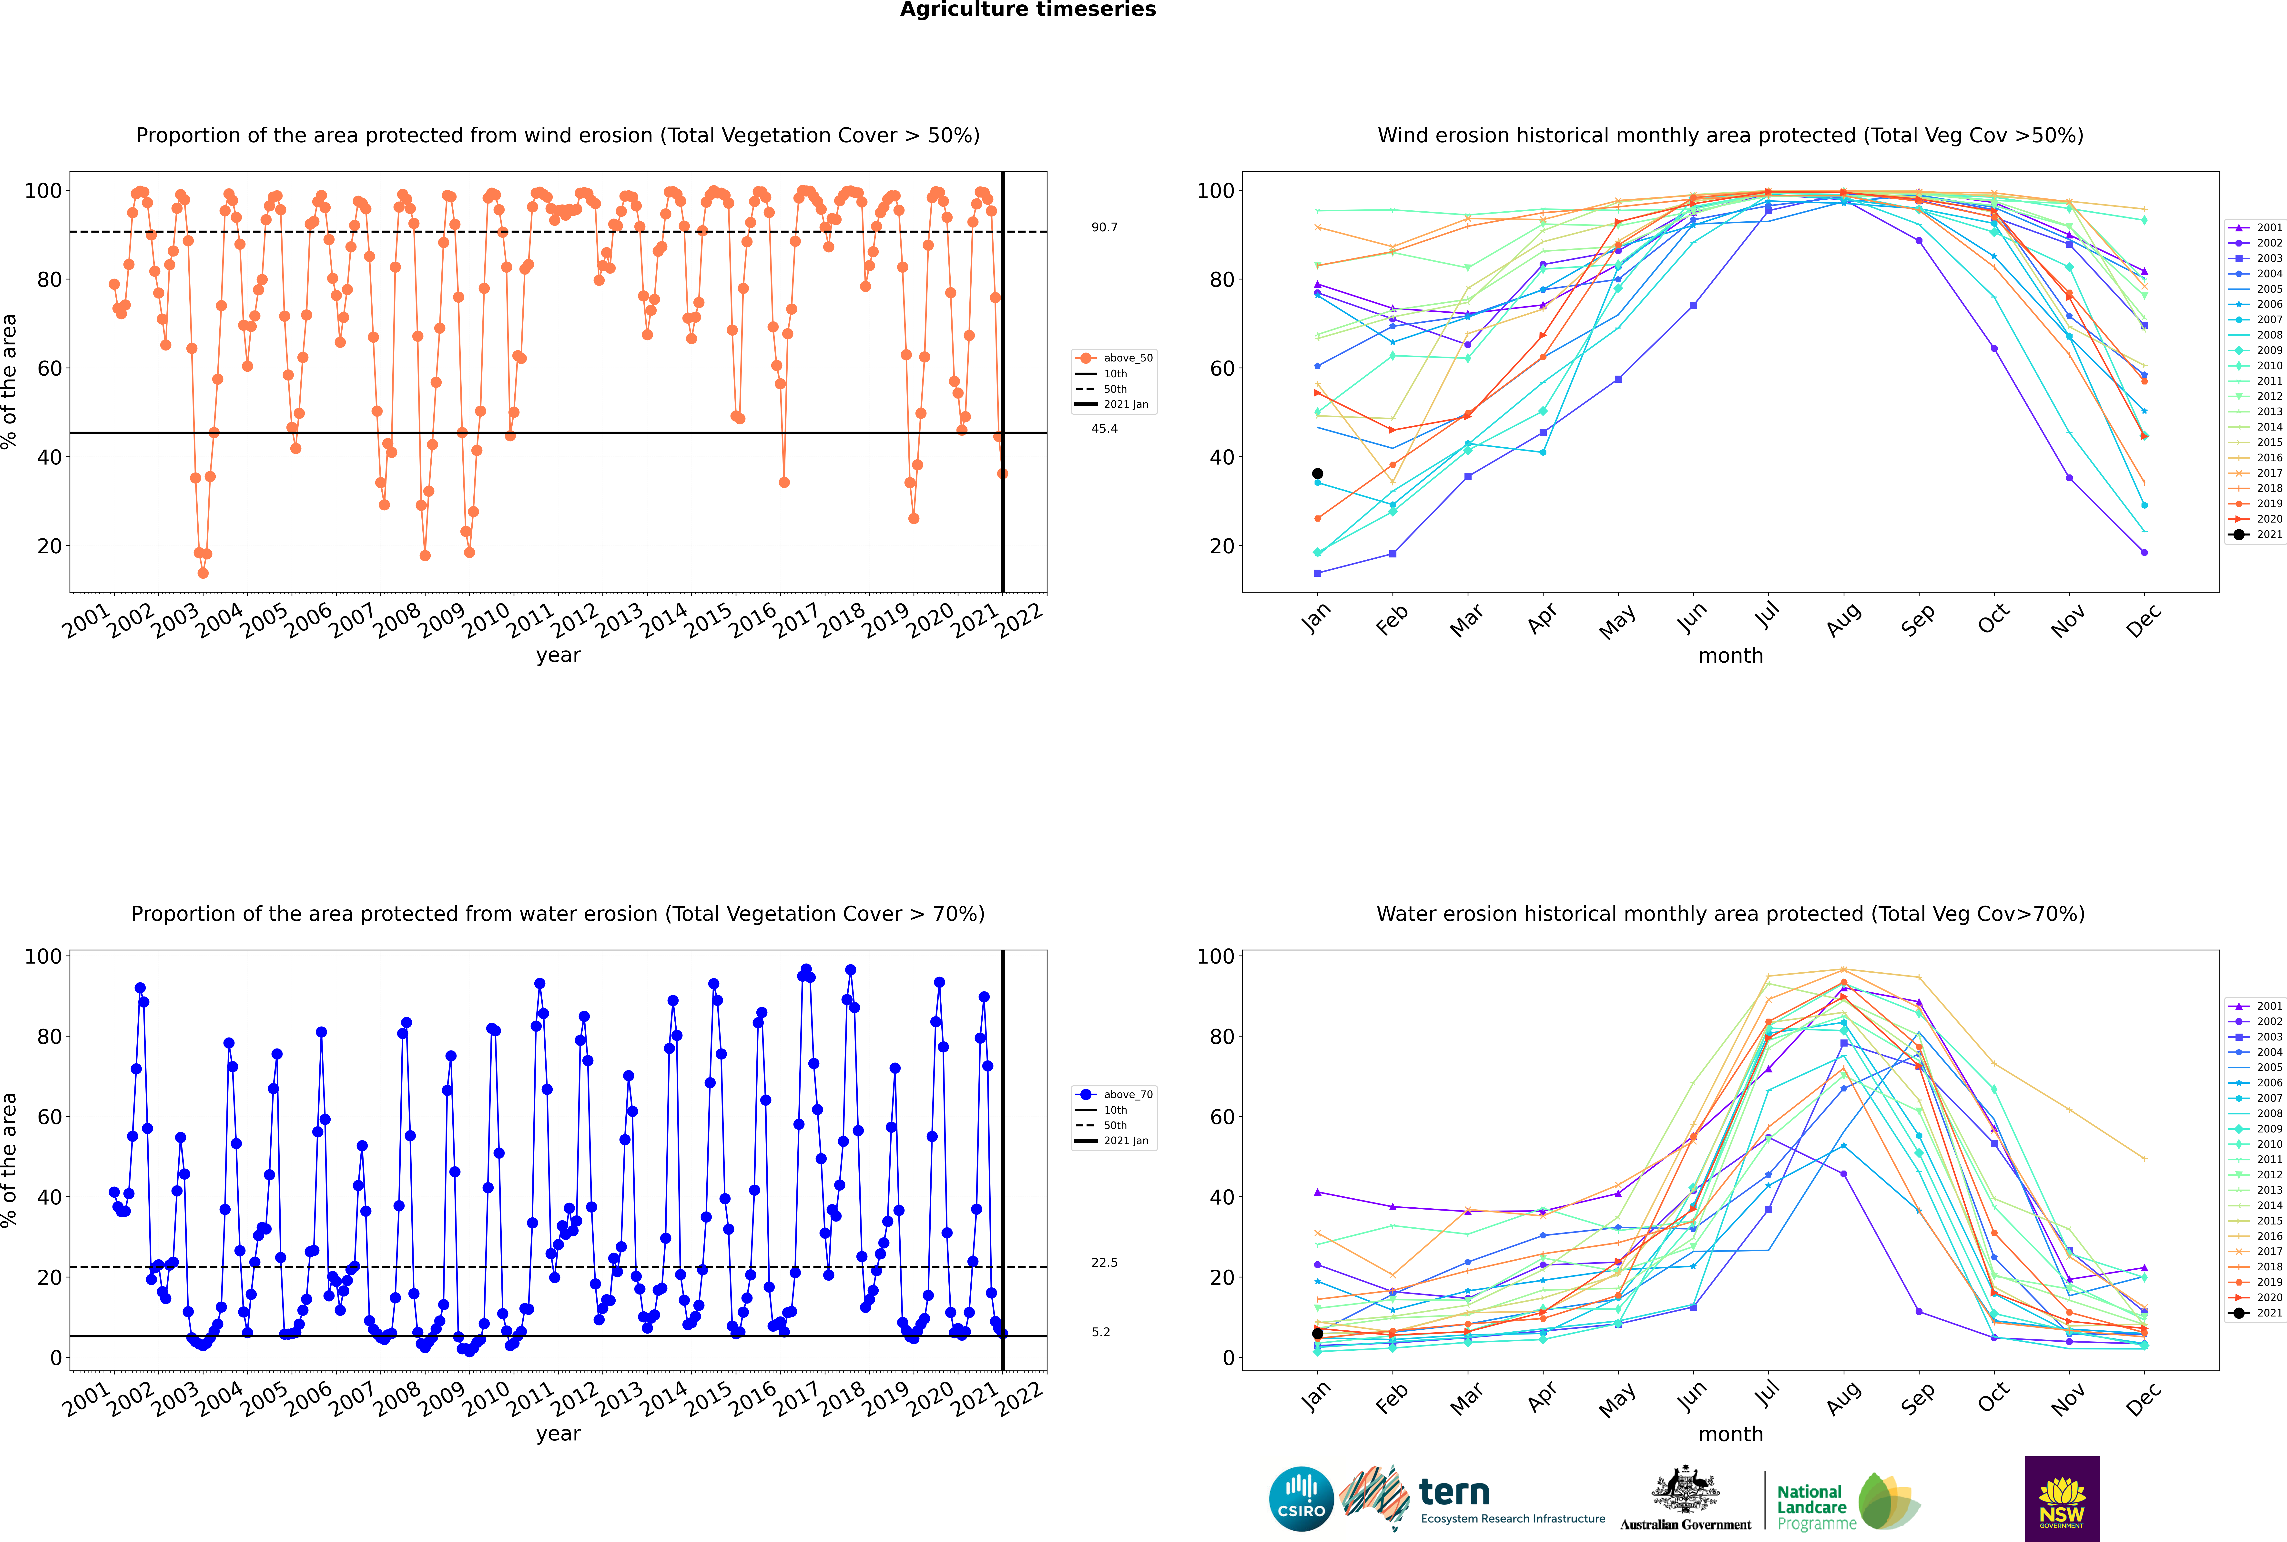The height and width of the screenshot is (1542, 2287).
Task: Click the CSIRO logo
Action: point(1301,1499)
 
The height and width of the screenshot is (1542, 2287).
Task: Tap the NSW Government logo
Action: point(2062,1498)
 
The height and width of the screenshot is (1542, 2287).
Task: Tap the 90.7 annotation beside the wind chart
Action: point(1104,227)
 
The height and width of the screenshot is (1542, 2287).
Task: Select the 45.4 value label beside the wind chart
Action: point(1104,429)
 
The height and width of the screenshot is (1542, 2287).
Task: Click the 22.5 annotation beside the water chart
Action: point(1104,1263)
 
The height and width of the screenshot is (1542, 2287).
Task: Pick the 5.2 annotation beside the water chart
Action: point(1100,1333)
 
